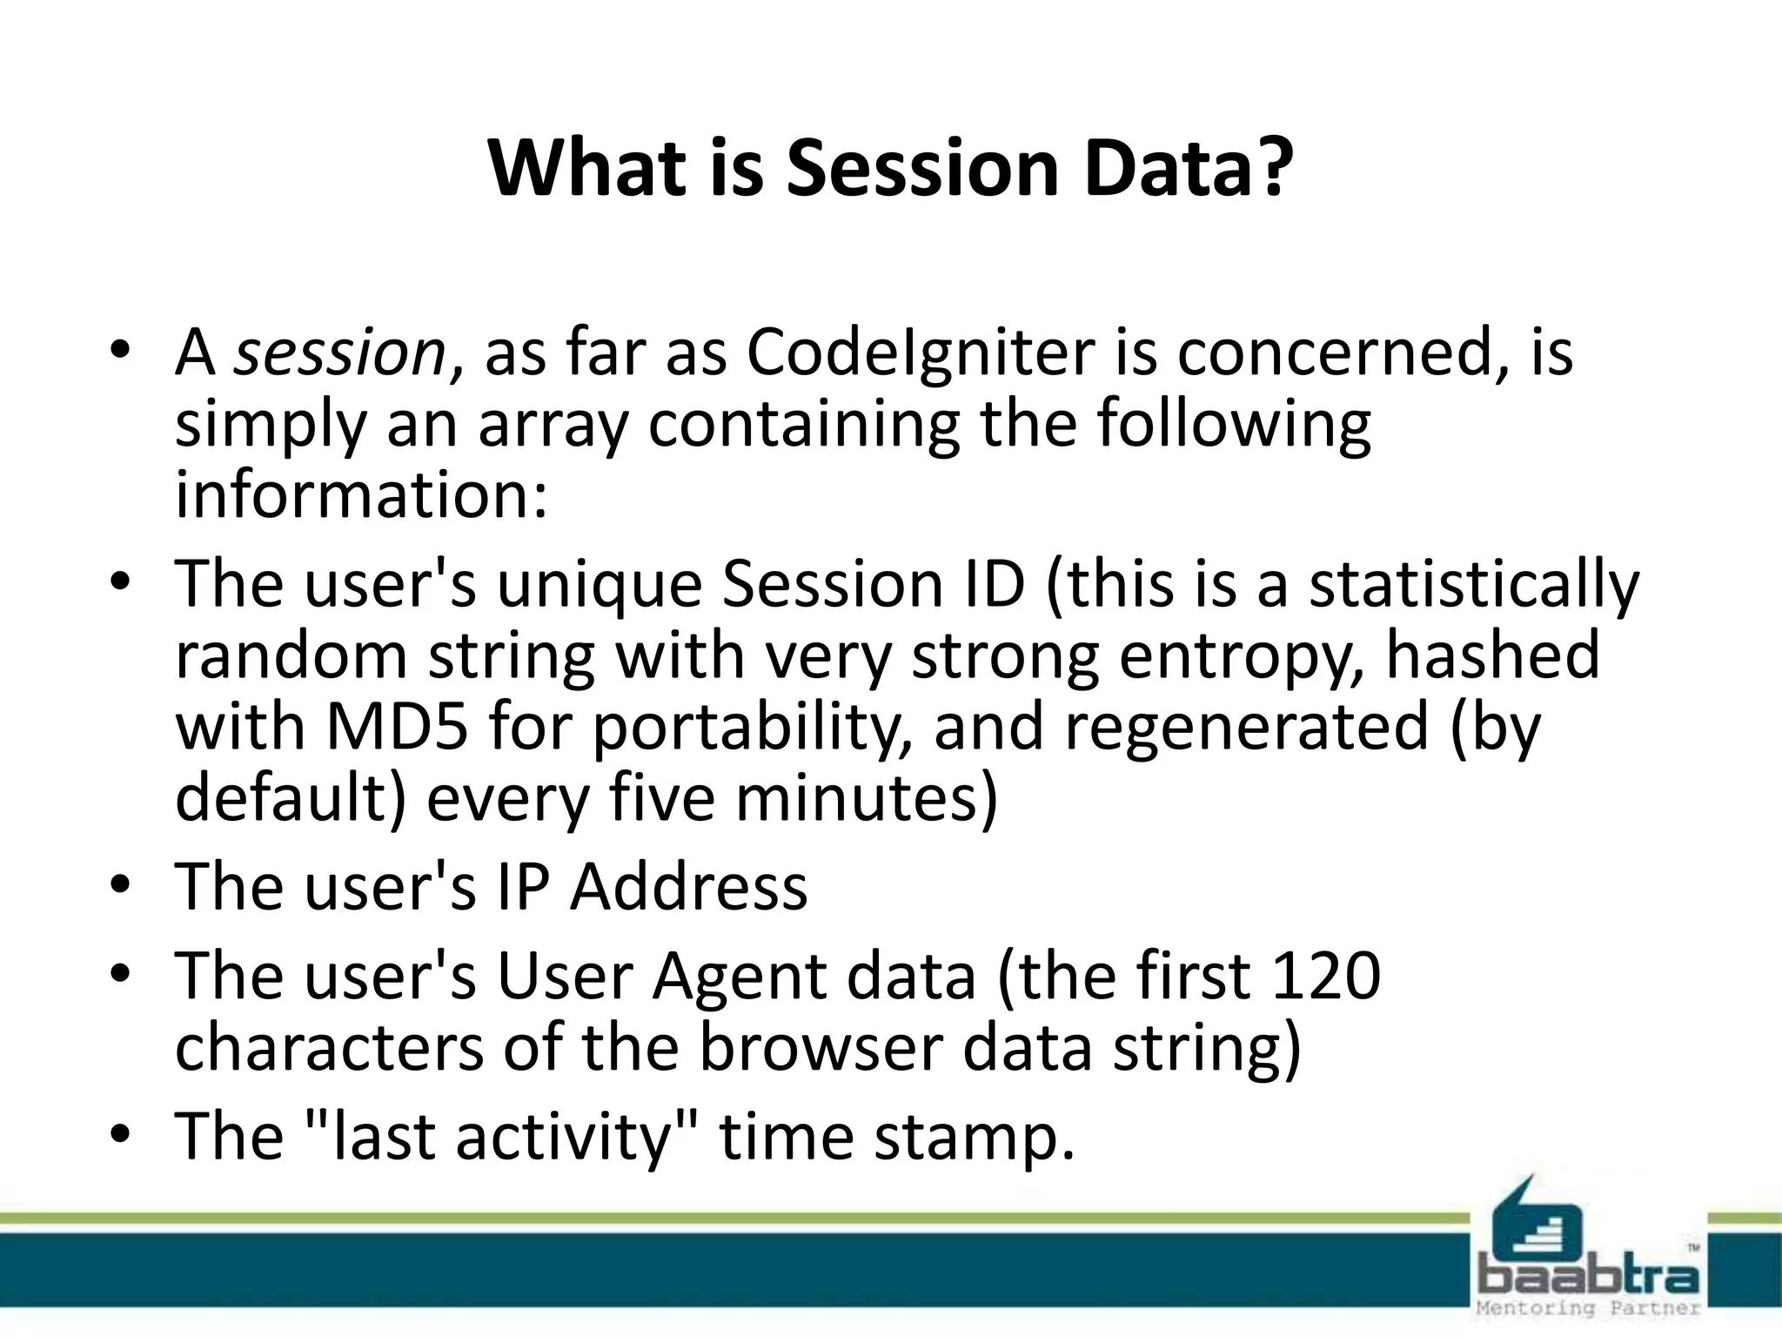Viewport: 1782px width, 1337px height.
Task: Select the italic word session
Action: click(x=340, y=354)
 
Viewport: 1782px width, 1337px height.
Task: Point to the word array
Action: click(x=552, y=427)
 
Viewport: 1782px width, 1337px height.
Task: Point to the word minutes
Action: click(x=865, y=799)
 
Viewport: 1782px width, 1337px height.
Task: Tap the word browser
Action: click(x=821, y=1047)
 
